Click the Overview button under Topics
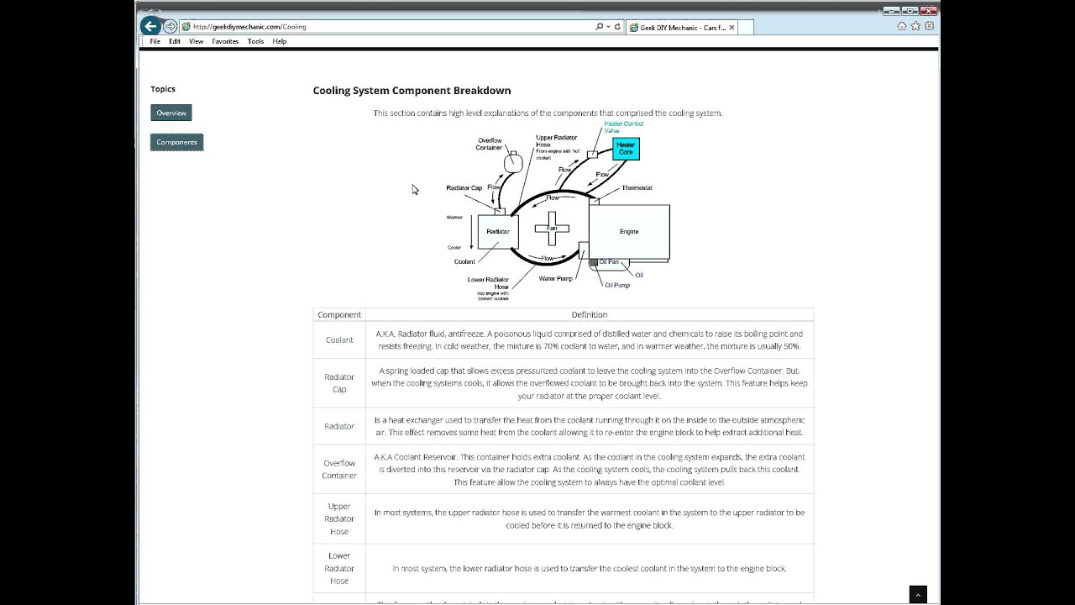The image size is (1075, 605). point(171,113)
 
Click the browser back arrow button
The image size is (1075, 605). point(150,26)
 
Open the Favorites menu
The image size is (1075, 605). point(225,41)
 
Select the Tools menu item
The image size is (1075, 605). point(255,41)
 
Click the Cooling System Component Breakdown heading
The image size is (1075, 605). point(412,91)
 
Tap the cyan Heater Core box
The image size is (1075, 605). point(626,149)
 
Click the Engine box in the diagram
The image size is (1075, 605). point(629,231)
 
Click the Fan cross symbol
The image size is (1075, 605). point(552,228)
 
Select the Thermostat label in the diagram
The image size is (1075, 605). point(637,188)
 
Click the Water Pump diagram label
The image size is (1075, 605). point(555,278)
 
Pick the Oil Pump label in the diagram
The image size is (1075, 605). point(617,285)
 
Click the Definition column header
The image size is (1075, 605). point(589,314)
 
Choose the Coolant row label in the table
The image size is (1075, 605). point(339,340)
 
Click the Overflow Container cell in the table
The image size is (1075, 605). point(339,469)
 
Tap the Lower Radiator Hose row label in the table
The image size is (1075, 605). point(339,568)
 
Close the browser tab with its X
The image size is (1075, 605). point(732,28)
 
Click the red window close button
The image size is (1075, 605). point(927,11)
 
